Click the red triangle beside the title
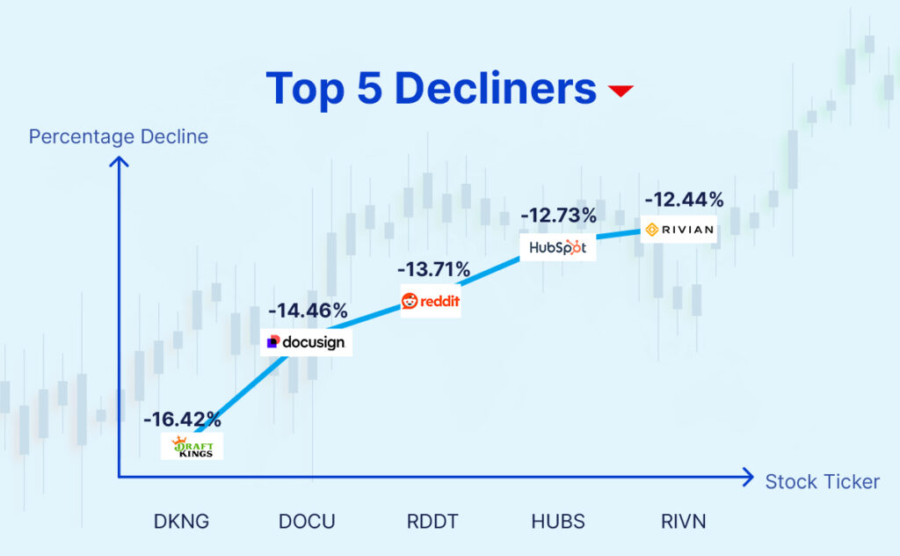(x=621, y=91)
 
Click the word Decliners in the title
(x=496, y=89)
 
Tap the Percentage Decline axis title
(x=119, y=136)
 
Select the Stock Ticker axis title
(x=822, y=481)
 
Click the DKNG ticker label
(x=181, y=521)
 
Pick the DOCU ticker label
(x=307, y=521)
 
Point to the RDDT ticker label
(x=432, y=521)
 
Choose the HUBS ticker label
(x=558, y=521)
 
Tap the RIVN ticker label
(x=683, y=521)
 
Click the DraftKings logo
(x=192, y=447)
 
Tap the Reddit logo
(x=431, y=302)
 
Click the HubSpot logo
(x=557, y=249)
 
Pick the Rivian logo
(x=678, y=230)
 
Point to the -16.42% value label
(x=183, y=419)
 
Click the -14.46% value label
(x=308, y=311)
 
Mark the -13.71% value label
(x=433, y=269)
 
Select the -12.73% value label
(x=559, y=215)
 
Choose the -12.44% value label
(x=684, y=200)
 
